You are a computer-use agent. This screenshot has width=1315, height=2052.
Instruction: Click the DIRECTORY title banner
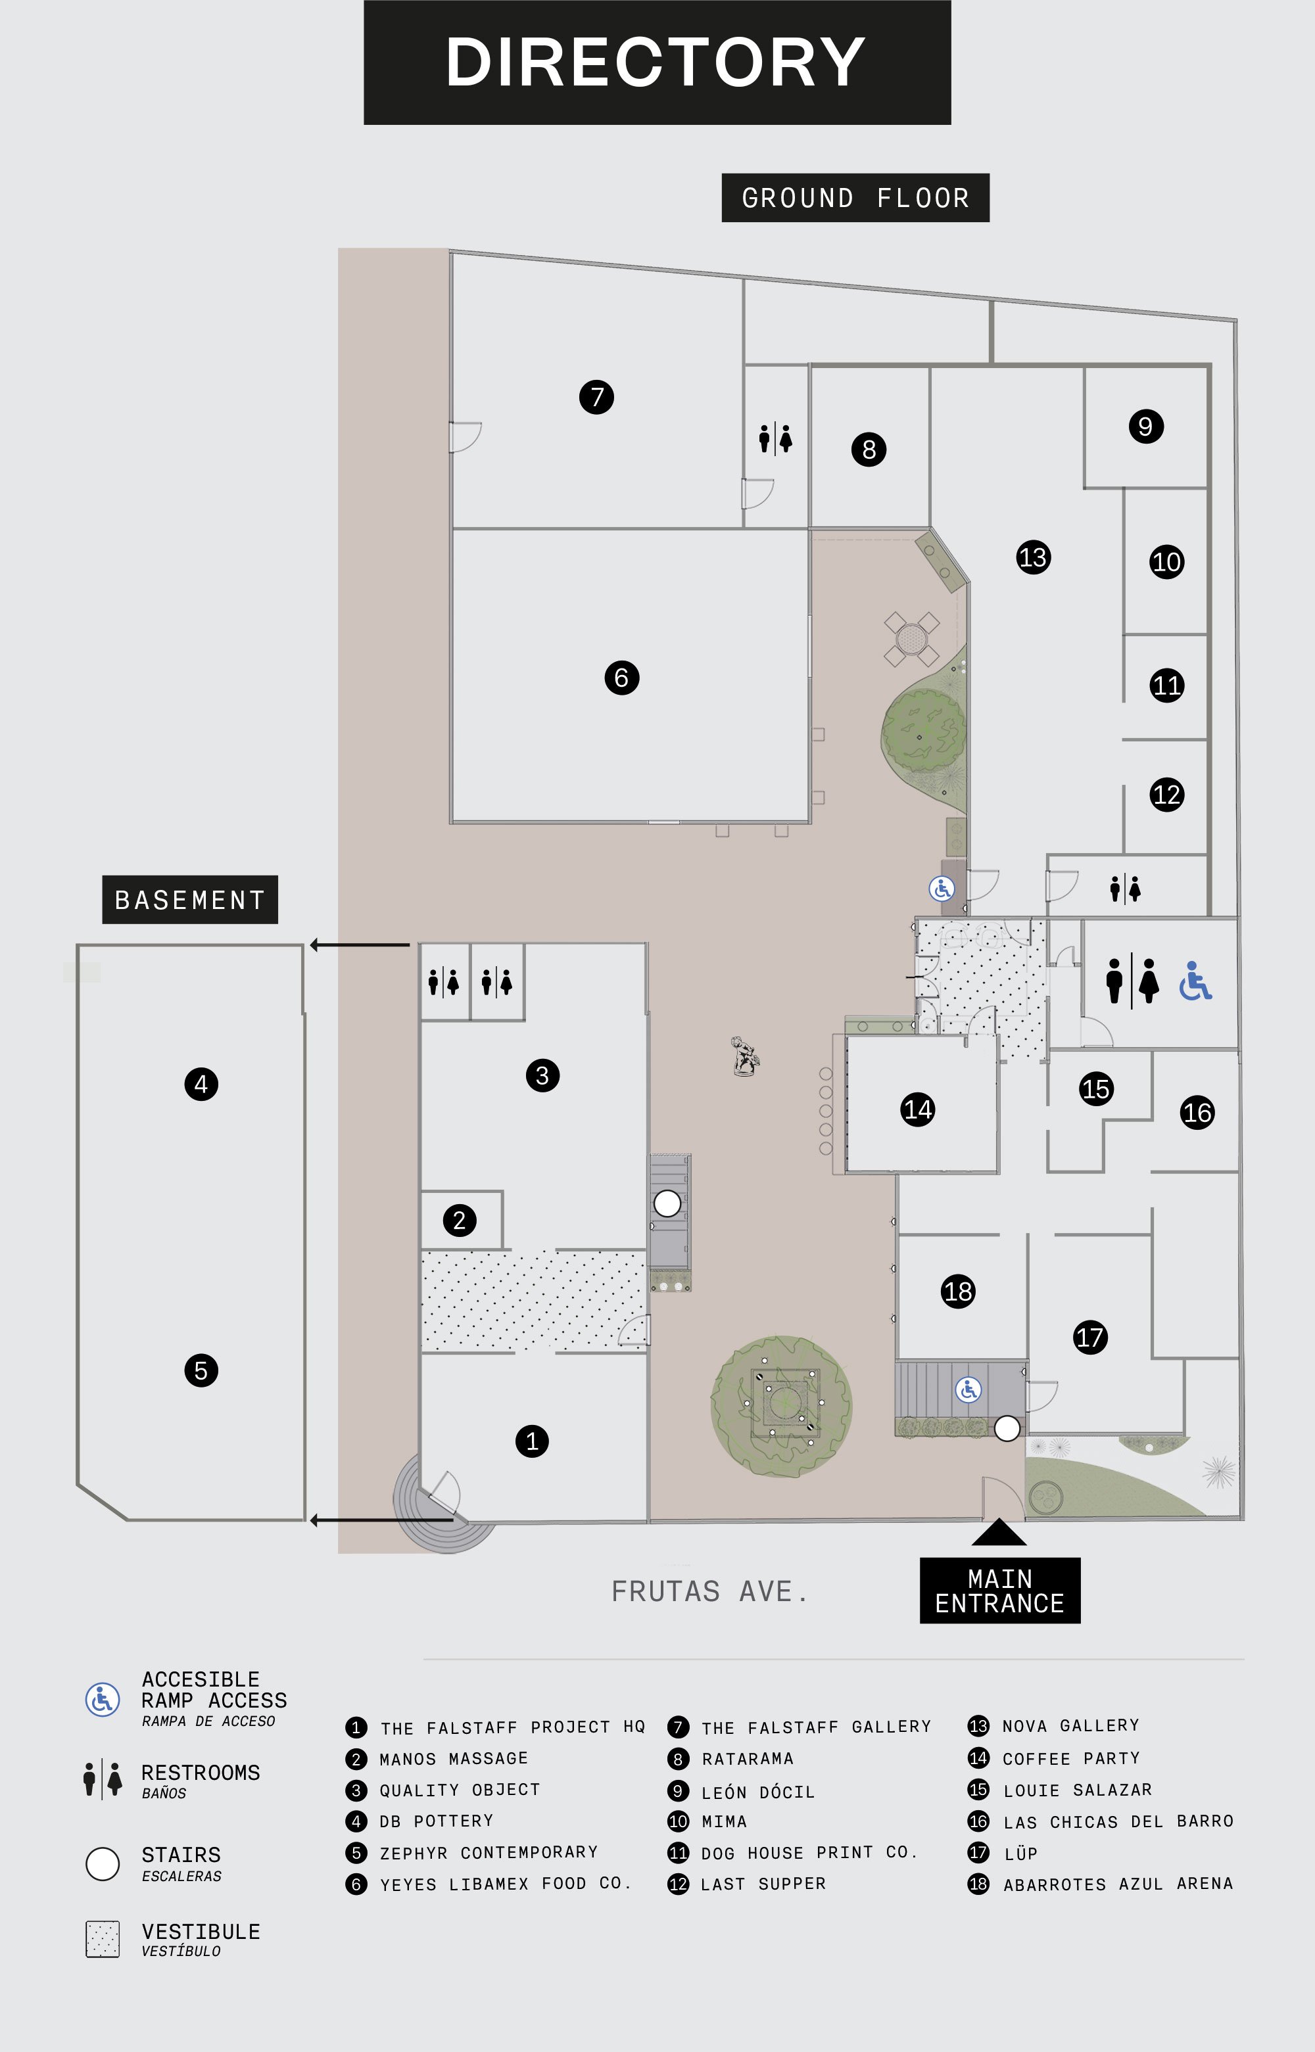coord(657,62)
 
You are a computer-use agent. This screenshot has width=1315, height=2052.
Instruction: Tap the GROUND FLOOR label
coord(855,198)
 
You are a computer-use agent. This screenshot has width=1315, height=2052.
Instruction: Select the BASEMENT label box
coord(189,900)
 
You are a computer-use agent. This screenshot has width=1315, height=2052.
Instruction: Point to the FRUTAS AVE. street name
coord(709,1592)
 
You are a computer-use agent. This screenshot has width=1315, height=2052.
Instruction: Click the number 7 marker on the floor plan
coord(597,397)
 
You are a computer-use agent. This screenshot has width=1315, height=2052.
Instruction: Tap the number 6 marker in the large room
coord(621,678)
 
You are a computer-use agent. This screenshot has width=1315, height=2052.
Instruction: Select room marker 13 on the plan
coord(1033,557)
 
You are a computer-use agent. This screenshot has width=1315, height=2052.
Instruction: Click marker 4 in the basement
coord(201,1084)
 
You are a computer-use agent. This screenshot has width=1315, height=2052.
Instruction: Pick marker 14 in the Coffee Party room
coord(918,1109)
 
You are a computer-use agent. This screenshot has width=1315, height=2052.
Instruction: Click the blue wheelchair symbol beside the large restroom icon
coord(1195,981)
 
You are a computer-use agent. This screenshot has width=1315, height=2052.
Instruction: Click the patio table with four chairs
coord(911,638)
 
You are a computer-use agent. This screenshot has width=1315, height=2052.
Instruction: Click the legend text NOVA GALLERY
coord(1071,1726)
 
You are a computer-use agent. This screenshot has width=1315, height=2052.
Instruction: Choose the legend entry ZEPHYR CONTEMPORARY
coord(489,1852)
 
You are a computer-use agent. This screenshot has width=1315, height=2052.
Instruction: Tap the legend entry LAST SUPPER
coord(763,1884)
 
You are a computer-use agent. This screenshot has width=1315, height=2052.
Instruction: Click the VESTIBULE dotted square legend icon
coord(103,1940)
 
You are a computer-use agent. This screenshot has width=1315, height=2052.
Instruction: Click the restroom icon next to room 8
coord(775,439)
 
